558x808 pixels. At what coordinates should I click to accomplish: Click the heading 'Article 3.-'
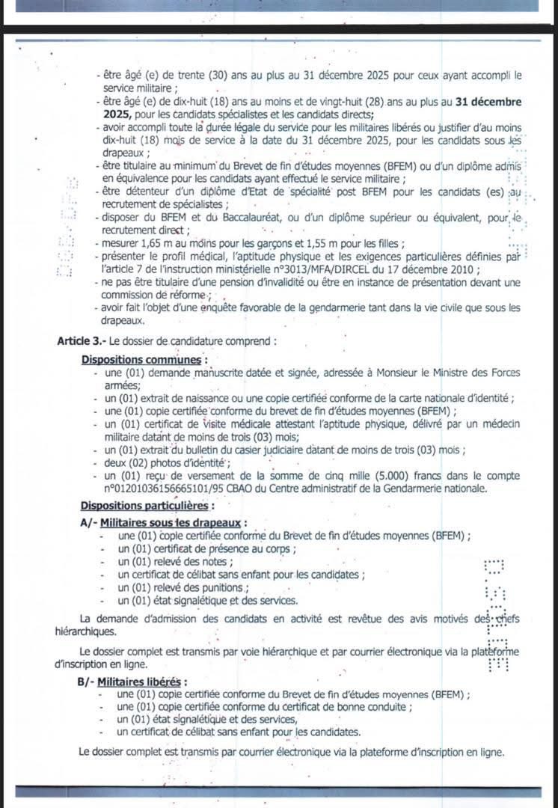[x=82, y=340]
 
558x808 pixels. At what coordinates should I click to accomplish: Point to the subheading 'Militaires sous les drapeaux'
[x=174, y=521]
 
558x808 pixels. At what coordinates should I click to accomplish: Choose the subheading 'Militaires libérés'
[x=144, y=682]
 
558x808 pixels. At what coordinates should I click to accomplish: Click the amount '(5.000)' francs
[x=373, y=477]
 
